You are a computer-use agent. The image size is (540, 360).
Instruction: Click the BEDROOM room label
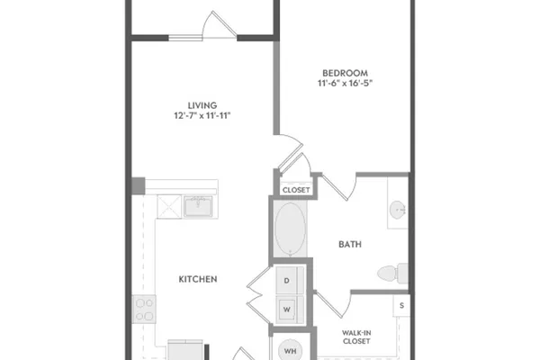pyautogui.click(x=345, y=73)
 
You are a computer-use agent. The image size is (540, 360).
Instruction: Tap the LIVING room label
pyautogui.click(x=202, y=105)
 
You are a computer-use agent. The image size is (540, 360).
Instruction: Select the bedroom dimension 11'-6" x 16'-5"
pyautogui.click(x=345, y=83)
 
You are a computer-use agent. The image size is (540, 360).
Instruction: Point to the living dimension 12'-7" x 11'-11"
pyautogui.click(x=202, y=115)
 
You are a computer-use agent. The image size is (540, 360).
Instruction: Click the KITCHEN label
pyautogui.click(x=198, y=279)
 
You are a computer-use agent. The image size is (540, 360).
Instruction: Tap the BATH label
pyautogui.click(x=350, y=244)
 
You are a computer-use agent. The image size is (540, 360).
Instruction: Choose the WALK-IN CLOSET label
pyautogui.click(x=356, y=337)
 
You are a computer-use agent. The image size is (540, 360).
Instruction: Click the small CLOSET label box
pyautogui.click(x=296, y=190)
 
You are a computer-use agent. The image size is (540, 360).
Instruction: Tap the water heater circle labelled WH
pyautogui.click(x=290, y=351)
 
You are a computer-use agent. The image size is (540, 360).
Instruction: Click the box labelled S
pyautogui.click(x=401, y=305)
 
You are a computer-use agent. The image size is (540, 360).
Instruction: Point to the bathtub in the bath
pyautogui.click(x=291, y=229)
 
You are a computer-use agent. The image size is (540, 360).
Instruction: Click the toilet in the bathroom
pyautogui.click(x=392, y=274)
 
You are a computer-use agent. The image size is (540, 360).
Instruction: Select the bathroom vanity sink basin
pyautogui.click(x=398, y=210)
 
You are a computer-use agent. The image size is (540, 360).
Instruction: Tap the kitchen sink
pyautogui.click(x=198, y=206)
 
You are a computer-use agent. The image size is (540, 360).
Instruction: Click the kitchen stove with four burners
pyautogui.click(x=144, y=309)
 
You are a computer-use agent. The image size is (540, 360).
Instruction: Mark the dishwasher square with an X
pyautogui.click(x=169, y=206)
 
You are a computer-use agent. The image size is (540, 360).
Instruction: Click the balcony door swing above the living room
pyautogui.click(x=220, y=24)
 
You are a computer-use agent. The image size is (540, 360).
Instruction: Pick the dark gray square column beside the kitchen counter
pyautogui.click(x=139, y=185)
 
